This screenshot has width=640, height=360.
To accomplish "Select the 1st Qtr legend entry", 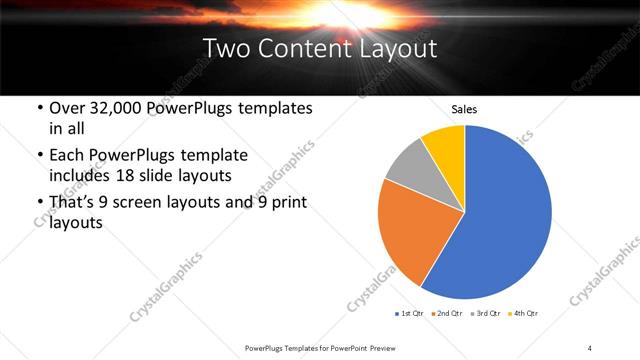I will click(x=408, y=313).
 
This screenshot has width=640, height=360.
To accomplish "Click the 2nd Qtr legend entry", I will click(x=446, y=313).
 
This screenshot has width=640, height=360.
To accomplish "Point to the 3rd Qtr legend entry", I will click(x=485, y=313).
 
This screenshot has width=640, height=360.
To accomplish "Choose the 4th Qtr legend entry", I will click(x=523, y=313).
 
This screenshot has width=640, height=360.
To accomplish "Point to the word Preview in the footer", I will click(x=392, y=347).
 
